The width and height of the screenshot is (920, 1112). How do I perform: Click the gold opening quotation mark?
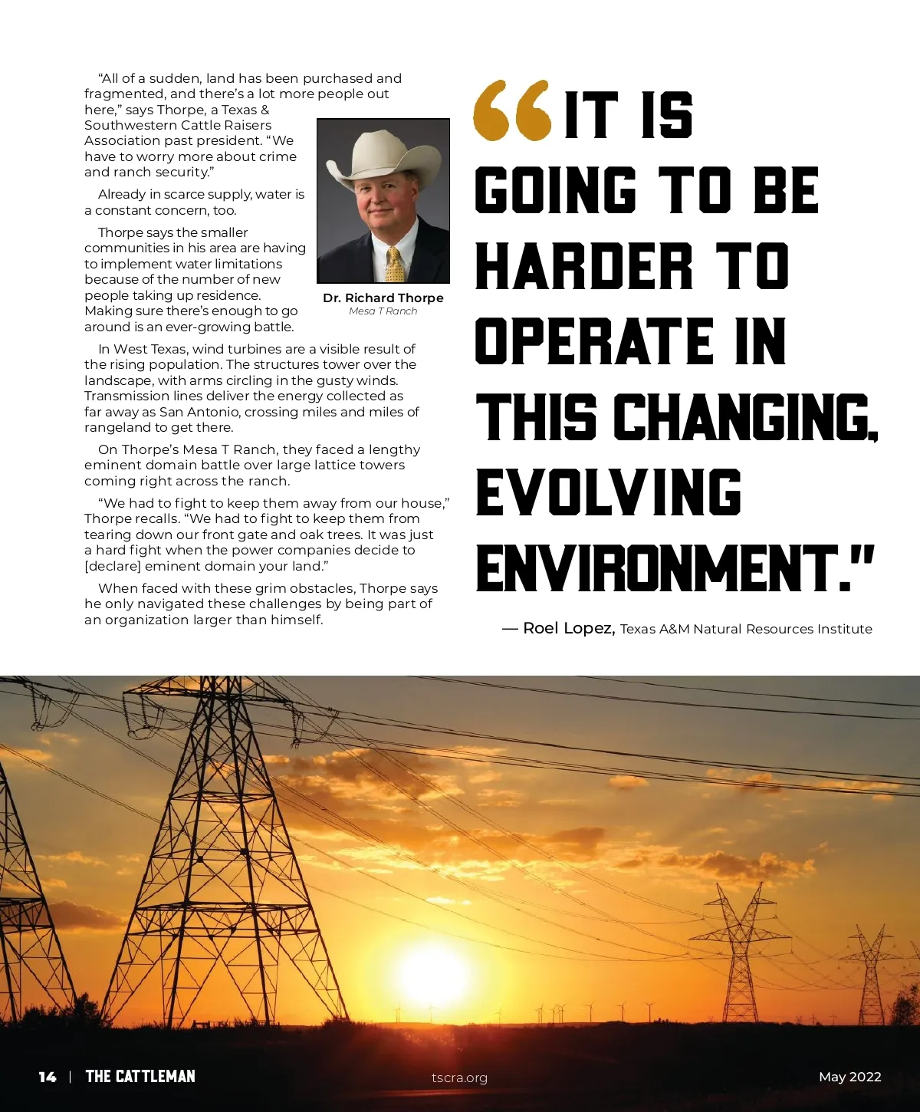pos(512,110)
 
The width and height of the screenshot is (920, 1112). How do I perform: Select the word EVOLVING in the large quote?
pos(609,492)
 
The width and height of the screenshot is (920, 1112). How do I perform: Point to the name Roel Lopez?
pos(567,628)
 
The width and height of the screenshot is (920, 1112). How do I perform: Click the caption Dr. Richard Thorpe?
pos(383,298)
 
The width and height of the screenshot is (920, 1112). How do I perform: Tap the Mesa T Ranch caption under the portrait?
pos(383,311)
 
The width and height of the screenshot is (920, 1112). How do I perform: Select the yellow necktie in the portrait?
pos(395,265)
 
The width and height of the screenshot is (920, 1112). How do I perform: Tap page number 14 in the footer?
pos(48,1077)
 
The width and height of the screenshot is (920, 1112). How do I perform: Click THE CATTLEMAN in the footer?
pos(140,1077)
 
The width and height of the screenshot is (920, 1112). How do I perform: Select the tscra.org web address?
pos(459,1077)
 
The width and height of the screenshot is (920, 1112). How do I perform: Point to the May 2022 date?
pos(849,1077)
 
